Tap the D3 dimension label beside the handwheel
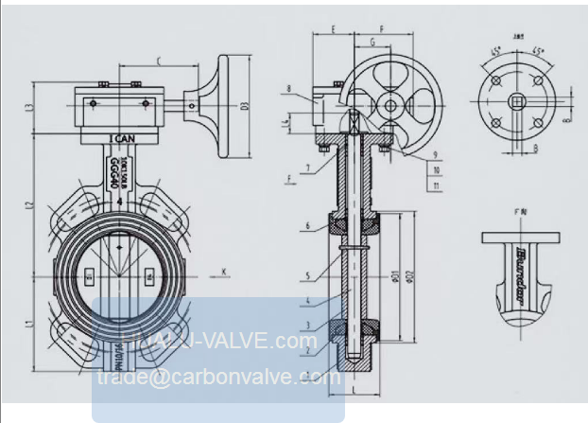point(244,104)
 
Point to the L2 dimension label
point(31,204)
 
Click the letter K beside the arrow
point(224,273)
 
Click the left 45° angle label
point(498,50)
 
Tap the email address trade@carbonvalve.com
point(217,377)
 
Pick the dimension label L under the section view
point(352,389)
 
